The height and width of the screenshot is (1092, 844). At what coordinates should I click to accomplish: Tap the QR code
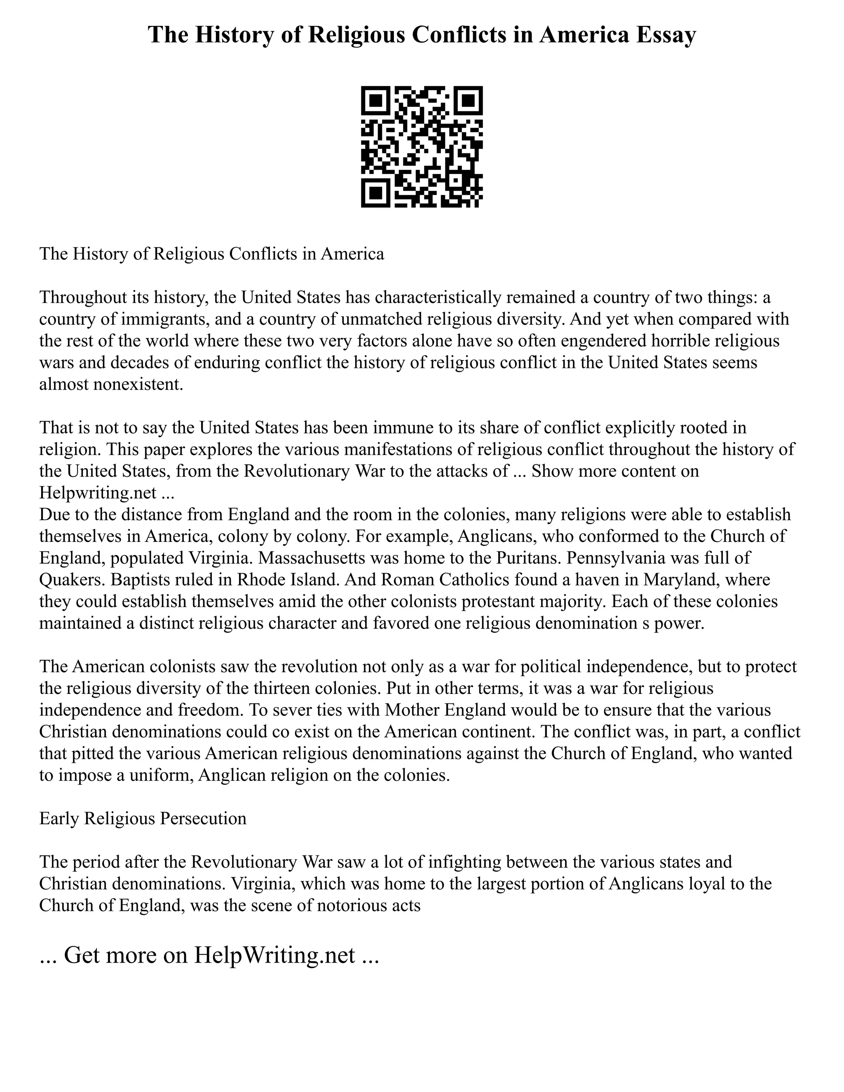coord(422,147)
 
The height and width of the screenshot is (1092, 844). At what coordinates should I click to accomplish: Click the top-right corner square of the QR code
coord(469,100)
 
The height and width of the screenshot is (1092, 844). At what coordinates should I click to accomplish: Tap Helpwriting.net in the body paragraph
coord(98,493)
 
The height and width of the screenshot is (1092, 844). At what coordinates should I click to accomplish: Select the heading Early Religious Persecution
coord(143,818)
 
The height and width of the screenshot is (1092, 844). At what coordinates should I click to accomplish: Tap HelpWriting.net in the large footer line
coord(274,955)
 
